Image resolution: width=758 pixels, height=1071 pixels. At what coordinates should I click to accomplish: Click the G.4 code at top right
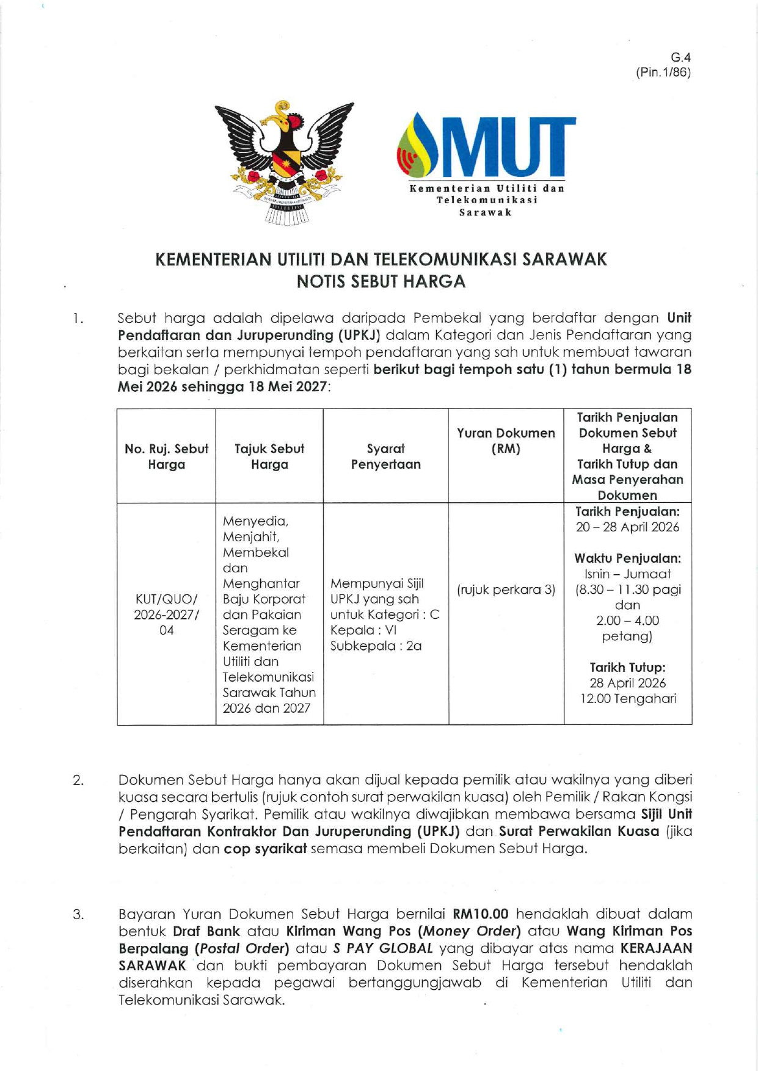click(680, 57)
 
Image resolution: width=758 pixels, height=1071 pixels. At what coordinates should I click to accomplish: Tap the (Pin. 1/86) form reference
click(663, 72)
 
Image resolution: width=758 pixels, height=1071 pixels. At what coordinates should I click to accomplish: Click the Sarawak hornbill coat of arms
click(284, 162)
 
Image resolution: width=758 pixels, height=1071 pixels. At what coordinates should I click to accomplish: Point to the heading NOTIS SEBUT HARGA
click(381, 281)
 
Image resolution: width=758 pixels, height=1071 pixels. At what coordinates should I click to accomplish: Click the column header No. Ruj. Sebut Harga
click(166, 456)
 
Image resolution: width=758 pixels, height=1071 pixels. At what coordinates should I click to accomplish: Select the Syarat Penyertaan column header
click(385, 456)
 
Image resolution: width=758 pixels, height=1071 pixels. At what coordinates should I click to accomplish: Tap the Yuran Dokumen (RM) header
click(506, 441)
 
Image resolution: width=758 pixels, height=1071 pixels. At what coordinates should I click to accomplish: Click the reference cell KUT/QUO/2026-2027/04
click(166, 614)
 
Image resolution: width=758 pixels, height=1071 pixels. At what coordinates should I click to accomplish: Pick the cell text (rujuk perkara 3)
click(506, 590)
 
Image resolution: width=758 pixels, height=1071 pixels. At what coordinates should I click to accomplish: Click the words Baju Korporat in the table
click(264, 599)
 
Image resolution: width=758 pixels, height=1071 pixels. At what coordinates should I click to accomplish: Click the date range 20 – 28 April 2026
click(627, 527)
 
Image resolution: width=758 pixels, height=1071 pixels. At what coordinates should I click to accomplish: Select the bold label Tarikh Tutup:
click(627, 667)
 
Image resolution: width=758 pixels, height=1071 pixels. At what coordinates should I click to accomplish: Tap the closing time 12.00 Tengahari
click(627, 699)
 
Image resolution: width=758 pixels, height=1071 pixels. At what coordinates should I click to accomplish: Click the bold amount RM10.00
click(480, 914)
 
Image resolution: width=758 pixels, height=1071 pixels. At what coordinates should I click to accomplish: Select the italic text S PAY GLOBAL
click(382, 948)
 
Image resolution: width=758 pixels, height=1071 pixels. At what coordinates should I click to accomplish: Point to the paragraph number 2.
click(78, 780)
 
